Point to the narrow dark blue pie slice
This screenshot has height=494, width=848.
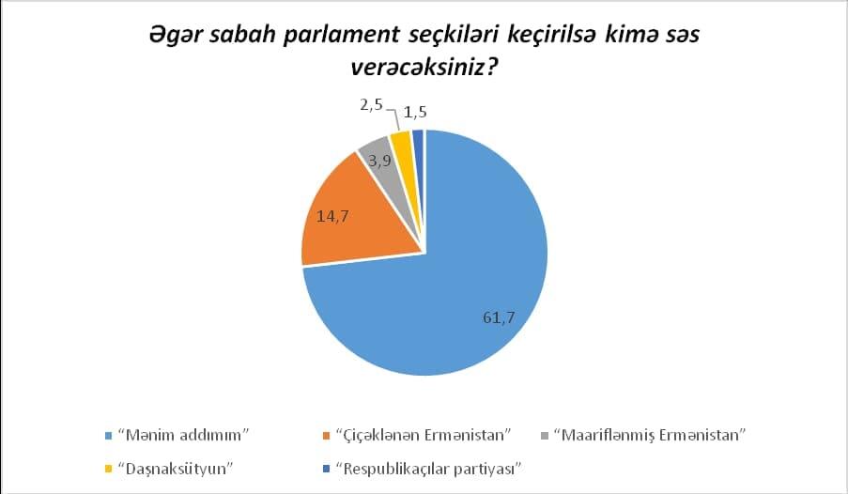coord(418,141)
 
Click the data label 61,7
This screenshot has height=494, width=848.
coord(499,317)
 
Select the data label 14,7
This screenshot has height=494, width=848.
coord(332,216)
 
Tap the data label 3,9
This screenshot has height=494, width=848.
coord(379,161)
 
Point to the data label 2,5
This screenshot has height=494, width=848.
coord(372,105)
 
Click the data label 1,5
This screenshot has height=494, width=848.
coord(415,112)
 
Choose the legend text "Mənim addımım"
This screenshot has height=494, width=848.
coord(183,435)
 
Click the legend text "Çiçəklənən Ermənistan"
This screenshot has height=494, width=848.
coord(424,435)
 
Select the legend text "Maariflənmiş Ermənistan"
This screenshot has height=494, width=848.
coord(651,435)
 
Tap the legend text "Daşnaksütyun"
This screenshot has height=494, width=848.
coord(176,468)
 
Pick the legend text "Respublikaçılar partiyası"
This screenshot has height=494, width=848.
coord(428,469)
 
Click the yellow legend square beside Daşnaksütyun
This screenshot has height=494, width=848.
coord(108,468)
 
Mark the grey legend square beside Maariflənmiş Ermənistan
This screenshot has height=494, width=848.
coord(545,436)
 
